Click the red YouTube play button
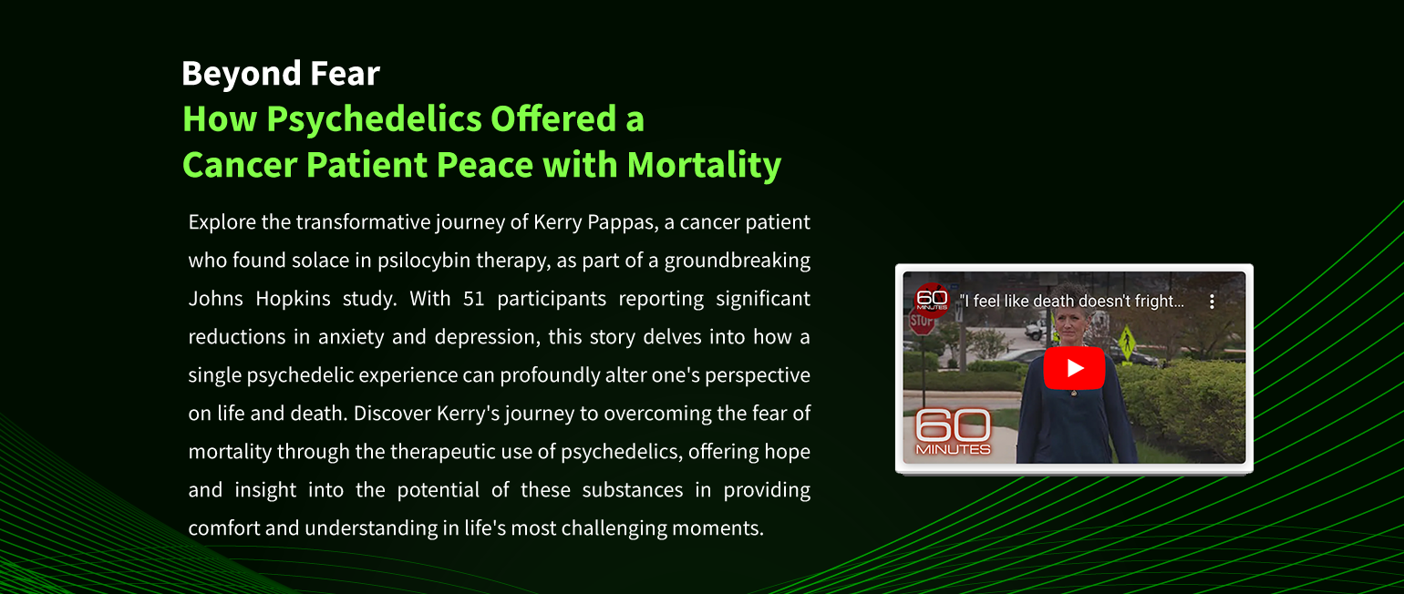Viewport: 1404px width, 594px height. pyautogui.click(x=1074, y=368)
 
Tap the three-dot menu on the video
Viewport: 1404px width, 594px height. pyautogui.click(x=1213, y=302)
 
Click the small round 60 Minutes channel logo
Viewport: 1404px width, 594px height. pyautogui.click(x=932, y=300)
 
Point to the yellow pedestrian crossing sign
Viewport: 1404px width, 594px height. pyautogui.click(x=1127, y=342)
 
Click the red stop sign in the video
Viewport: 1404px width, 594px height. pyautogui.click(x=921, y=323)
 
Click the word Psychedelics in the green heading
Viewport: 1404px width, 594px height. pyautogui.click(x=374, y=119)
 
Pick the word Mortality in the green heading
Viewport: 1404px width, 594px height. pyautogui.click(x=704, y=166)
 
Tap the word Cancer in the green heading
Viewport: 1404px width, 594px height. pyautogui.click(x=240, y=165)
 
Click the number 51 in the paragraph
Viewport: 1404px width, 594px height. pyautogui.click(x=474, y=299)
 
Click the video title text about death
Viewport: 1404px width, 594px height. pyautogui.click(x=1072, y=302)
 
